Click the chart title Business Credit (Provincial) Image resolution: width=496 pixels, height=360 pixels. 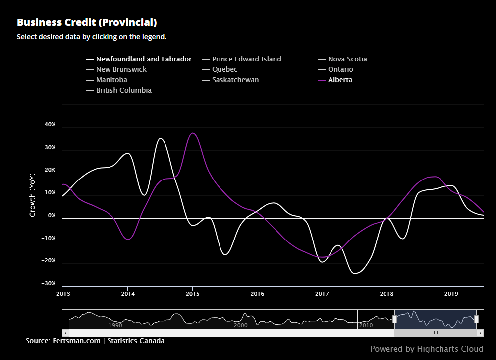pos(87,22)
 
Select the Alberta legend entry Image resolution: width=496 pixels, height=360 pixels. pos(340,80)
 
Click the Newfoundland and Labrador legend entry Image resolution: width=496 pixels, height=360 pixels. pos(143,59)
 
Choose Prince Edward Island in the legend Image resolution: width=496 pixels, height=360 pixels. pos(246,59)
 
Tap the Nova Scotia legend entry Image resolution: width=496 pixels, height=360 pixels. pos(347,59)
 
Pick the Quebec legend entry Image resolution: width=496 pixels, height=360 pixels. pos(224,69)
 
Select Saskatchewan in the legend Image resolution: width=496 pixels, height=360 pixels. pos(235,80)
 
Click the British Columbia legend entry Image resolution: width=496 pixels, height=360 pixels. pos(123,90)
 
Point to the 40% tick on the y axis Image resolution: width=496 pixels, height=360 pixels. pos(50,125)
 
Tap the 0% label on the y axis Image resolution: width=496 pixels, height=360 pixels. pos(52,216)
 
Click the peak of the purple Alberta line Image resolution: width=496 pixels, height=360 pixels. pos(193,133)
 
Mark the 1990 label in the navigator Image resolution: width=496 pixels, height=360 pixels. pos(115,325)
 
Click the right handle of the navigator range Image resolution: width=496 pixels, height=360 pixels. pos(476,319)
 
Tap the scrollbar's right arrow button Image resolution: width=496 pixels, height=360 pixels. pos(481,333)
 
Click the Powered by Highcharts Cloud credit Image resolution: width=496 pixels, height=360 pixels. pos(427,349)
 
